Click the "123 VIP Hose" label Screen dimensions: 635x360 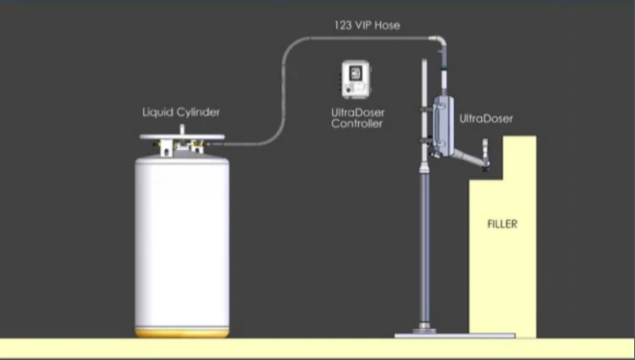tap(367, 25)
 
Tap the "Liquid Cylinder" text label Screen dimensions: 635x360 tap(181, 112)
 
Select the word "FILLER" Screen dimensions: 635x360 tap(502, 224)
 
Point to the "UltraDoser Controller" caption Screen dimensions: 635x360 tap(357, 118)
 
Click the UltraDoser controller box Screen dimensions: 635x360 tap(356, 80)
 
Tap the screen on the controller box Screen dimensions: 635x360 tap(355, 73)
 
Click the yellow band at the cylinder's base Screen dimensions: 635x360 tap(182, 333)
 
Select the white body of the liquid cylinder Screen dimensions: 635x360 tap(182, 243)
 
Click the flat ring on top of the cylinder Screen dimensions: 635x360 tap(182, 137)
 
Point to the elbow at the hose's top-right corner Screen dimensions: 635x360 tap(439, 42)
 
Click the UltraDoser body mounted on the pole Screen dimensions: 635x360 tap(443, 126)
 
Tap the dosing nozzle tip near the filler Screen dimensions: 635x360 tap(485, 168)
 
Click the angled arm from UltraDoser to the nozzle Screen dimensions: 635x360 tap(468, 157)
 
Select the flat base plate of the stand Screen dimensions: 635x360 tap(455, 335)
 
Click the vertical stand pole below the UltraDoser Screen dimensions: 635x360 tap(424, 243)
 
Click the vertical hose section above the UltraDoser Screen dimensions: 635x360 tap(444, 74)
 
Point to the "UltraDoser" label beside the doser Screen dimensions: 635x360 tap(486, 119)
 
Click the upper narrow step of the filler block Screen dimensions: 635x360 tap(520, 158)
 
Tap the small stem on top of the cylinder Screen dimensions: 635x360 tap(182, 130)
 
